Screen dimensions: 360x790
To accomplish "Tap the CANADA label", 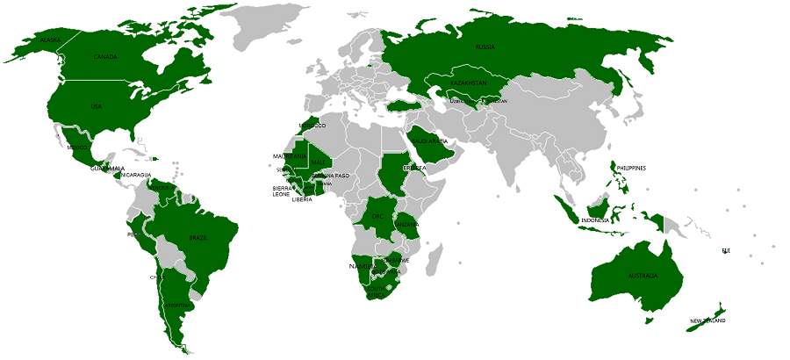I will tap(105, 57).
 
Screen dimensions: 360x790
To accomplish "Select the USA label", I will tap(96, 107).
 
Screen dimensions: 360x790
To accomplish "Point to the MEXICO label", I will tap(77, 148).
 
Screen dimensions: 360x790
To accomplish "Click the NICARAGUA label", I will tap(136, 175).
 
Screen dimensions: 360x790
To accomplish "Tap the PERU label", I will tap(133, 234).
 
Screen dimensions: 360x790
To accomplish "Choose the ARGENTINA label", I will tap(178, 306).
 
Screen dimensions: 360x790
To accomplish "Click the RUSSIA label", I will tap(485, 47).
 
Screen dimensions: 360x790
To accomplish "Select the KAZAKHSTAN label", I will tap(467, 83).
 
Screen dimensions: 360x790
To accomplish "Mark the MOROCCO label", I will tap(312, 126).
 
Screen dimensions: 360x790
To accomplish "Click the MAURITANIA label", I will tap(290, 156).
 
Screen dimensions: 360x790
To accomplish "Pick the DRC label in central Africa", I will tap(377, 216).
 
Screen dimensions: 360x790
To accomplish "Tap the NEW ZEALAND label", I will tap(707, 321).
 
